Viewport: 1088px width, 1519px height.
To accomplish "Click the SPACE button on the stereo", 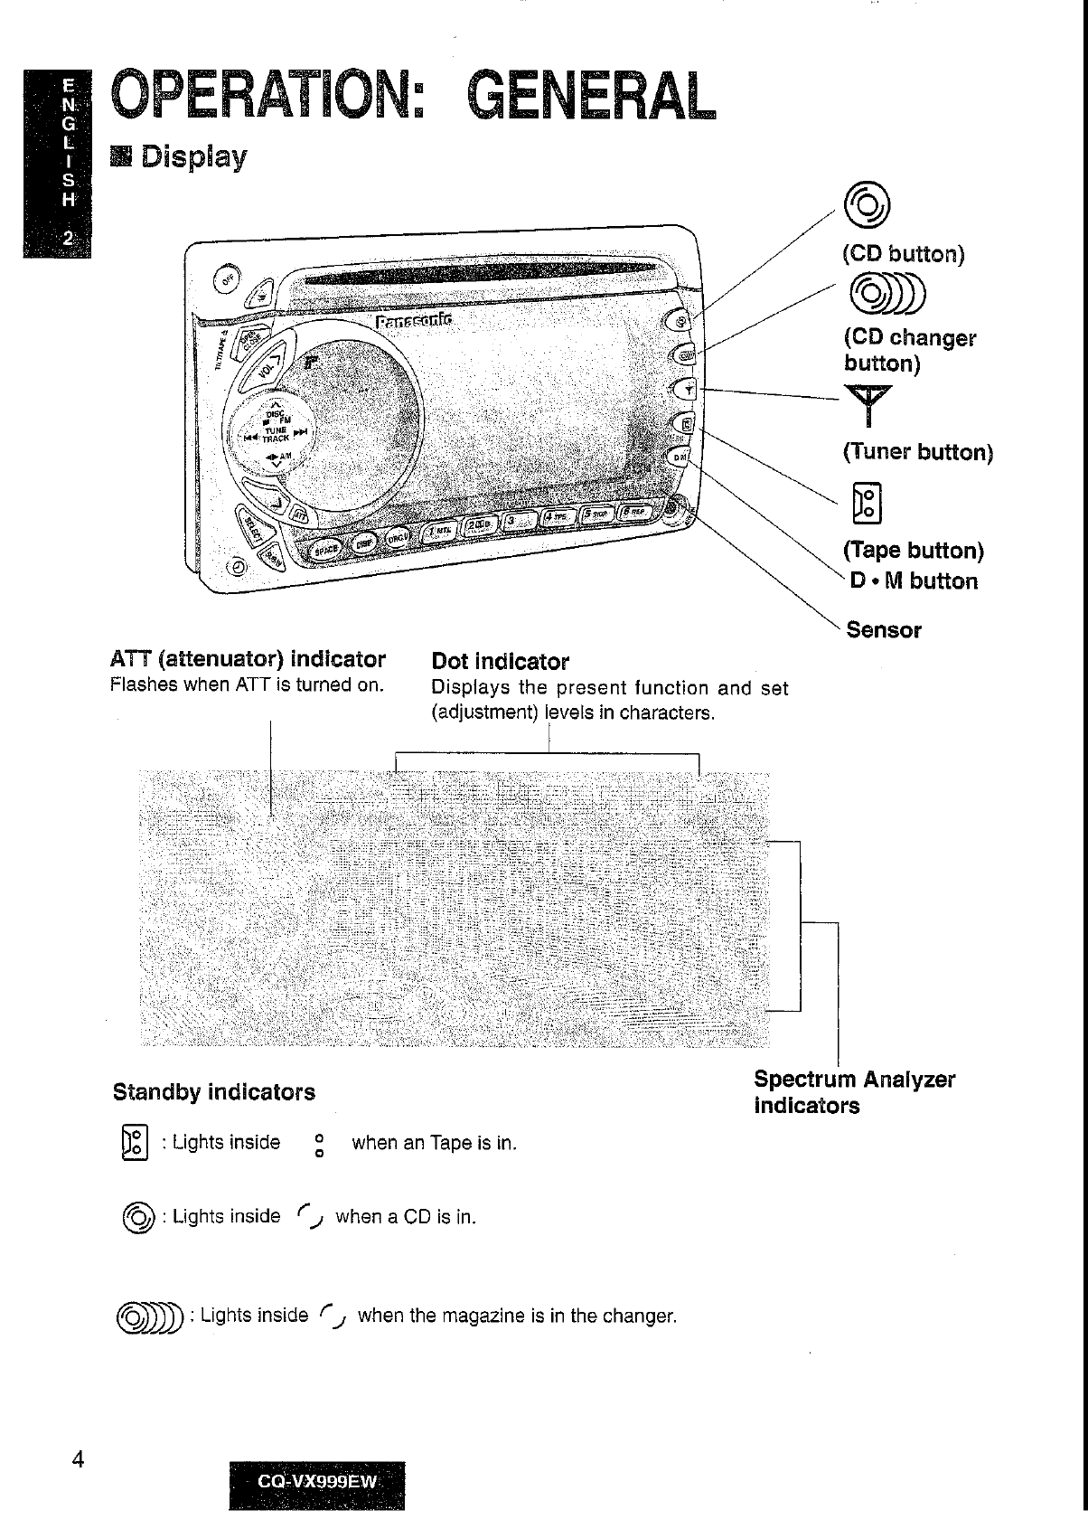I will click(325, 547).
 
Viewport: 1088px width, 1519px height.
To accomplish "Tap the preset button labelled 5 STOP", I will click(597, 514).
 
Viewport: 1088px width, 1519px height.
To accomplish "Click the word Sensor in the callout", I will click(884, 630).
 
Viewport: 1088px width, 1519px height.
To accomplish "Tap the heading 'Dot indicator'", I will click(501, 662).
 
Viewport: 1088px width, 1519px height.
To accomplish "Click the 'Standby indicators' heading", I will click(214, 1092).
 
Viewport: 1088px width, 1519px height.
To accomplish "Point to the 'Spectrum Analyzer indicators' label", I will click(853, 1092).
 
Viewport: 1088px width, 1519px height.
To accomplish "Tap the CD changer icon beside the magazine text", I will click(151, 1316).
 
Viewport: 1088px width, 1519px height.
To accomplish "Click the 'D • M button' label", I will click(914, 580).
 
